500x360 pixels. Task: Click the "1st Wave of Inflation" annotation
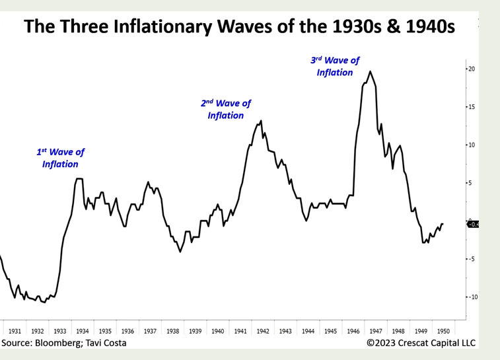pyautogui.click(x=60, y=158)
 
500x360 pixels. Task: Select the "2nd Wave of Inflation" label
pyautogui.click(x=226, y=109)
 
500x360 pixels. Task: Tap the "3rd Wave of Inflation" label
pyautogui.click(x=335, y=66)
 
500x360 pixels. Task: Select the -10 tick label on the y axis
pyautogui.click(x=472, y=297)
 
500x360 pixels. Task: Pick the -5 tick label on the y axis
pyautogui.click(x=472, y=259)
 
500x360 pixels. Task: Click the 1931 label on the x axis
pyautogui.click(x=15, y=331)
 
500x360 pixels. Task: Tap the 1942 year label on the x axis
pyautogui.click(x=262, y=331)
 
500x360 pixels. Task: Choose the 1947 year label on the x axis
pyautogui.click(x=375, y=331)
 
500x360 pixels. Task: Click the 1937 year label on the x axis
pyautogui.click(x=150, y=331)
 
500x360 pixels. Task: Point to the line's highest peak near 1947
pyautogui.click(x=370, y=71)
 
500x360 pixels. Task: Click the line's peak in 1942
pyautogui.click(x=261, y=121)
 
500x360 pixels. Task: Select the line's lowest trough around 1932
pyautogui.click(x=45, y=302)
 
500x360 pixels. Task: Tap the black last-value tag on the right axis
pyautogui.click(x=473, y=224)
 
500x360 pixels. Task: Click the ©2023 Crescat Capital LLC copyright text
pyautogui.click(x=421, y=343)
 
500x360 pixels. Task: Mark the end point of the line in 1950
pyautogui.click(x=443, y=223)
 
